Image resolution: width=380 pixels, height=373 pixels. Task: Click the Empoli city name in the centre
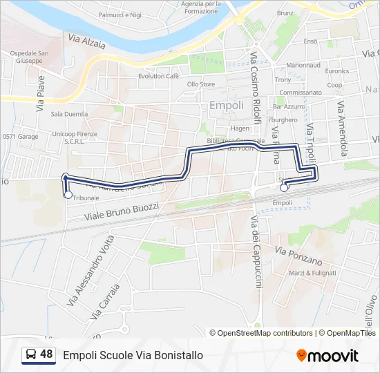click(226, 106)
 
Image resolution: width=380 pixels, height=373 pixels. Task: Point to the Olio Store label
click(201, 84)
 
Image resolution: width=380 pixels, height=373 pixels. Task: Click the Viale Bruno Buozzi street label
click(122, 211)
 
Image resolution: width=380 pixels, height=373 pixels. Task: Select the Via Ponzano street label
click(298, 256)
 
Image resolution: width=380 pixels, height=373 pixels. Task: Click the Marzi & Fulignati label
click(312, 273)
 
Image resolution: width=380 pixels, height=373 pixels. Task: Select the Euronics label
click(337, 70)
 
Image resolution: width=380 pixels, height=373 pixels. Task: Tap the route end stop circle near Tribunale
click(67, 194)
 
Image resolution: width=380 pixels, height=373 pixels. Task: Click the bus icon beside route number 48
click(31, 354)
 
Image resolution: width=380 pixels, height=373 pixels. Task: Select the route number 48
click(46, 354)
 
